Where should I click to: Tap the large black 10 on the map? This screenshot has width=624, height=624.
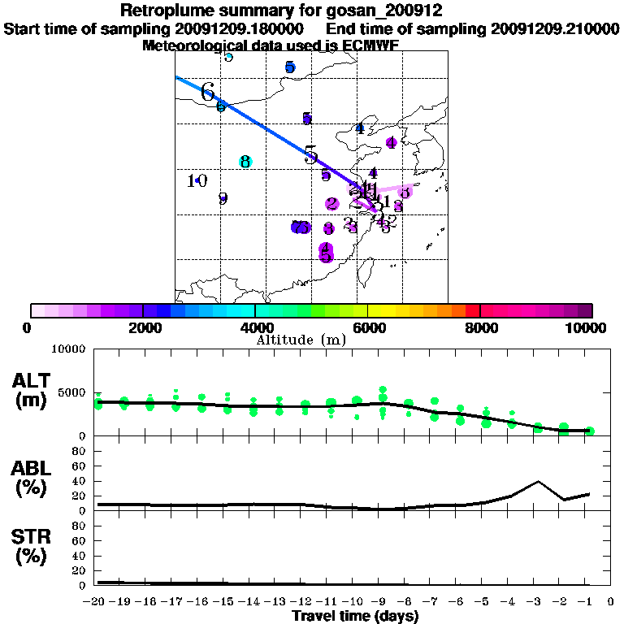click(x=197, y=180)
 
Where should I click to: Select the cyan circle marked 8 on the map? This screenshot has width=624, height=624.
click(x=245, y=162)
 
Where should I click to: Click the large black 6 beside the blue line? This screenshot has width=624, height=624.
click(x=208, y=92)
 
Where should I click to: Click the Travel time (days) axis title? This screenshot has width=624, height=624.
click(x=355, y=617)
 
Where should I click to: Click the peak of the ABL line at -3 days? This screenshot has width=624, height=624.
click(x=538, y=481)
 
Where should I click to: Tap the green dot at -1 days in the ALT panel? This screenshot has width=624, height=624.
click(x=590, y=431)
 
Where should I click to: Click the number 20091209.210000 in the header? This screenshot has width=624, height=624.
click(x=556, y=28)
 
